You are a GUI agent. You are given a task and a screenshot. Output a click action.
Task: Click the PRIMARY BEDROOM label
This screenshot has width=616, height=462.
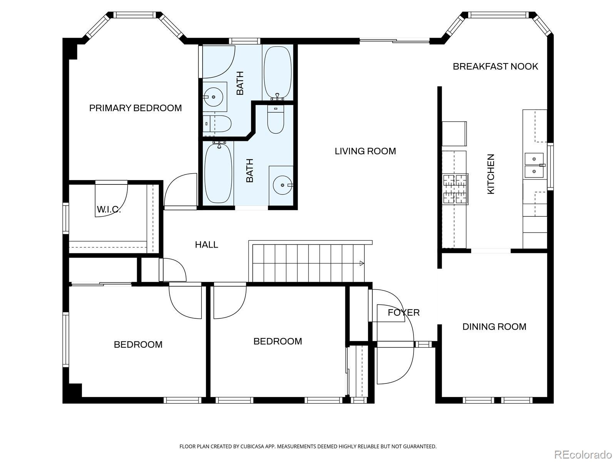135,108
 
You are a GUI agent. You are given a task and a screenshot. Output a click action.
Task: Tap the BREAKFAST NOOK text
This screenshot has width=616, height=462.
495,67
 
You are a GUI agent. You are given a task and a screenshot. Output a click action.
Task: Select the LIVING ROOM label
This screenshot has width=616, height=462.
365,151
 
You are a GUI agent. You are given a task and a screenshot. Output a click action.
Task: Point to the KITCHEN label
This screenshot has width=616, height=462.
490,174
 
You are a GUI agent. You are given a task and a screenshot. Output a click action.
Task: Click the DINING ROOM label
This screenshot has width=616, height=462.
494,327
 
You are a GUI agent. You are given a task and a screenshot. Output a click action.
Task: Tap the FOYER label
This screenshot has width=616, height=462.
403,313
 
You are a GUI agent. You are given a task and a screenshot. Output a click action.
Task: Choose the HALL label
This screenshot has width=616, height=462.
206,244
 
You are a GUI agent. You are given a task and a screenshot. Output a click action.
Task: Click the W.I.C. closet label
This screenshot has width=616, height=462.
109,209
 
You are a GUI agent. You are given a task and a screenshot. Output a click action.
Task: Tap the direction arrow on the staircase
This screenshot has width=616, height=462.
362,263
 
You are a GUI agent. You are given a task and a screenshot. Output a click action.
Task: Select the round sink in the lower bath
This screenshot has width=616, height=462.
283,185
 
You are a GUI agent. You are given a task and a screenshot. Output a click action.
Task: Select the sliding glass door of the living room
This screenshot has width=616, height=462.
394,41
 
